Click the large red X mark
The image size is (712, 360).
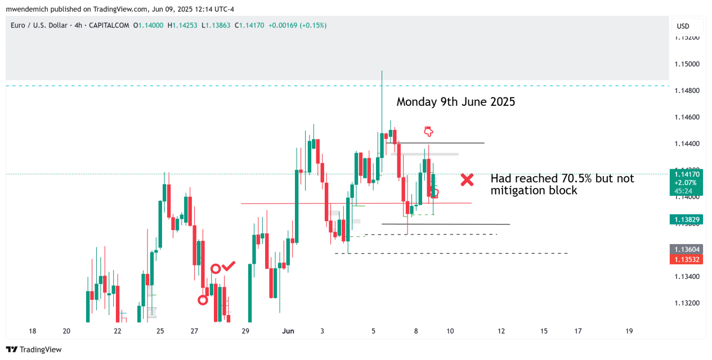pyautogui.click(x=467, y=180)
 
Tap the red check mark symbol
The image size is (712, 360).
pyautogui.click(x=229, y=265)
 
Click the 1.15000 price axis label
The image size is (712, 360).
pyautogui.click(x=687, y=64)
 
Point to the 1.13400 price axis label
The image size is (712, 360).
pyautogui.click(x=687, y=277)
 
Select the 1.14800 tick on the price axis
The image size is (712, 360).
pyautogui.click(x=687, y=91)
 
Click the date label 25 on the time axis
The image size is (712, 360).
pyautogui.click(x=160, y=331)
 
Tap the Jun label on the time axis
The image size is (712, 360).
pyautogui.click(x=288, y=331)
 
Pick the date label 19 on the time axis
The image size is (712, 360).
pyautogui.click(x=629, y=331)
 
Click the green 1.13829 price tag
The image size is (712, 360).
pyautogui.click(x=687, y=220)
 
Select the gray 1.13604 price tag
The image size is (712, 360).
pyautogui.click(x=687, y=249)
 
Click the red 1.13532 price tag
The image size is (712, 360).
pyautogui.click(x=687, y=259)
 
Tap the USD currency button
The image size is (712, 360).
pyautogui.click(x=683, y=26)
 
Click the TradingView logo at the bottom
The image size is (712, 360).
pyautogui.click(x=34, y=350)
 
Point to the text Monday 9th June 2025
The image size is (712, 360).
pyautogui.click(x=456, y=102)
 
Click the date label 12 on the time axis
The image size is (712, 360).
pyautogui.click(x=501, y=331)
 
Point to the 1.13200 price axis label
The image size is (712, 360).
pyautogui.click(x=687, y=303)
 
